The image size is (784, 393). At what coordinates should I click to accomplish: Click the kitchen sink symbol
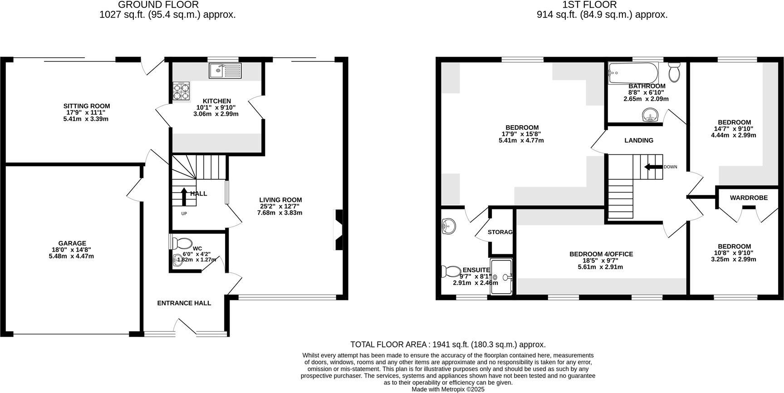225,70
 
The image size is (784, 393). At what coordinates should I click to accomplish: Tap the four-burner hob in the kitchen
181,92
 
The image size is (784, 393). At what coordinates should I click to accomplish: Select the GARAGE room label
72,243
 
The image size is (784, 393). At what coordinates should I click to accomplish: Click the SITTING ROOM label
86,106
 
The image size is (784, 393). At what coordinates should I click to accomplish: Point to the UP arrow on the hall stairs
184,196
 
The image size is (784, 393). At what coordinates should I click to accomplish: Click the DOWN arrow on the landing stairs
653,167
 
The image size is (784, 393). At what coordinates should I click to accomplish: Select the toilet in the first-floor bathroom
674,73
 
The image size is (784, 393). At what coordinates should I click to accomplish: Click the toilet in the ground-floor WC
182,242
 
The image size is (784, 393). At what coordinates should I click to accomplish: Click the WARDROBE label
749,197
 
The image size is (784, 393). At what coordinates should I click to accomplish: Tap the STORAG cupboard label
500,232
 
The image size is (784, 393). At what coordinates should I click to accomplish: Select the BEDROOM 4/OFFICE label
601,254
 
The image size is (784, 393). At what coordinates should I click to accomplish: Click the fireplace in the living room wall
339,229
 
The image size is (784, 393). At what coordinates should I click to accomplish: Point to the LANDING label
639,140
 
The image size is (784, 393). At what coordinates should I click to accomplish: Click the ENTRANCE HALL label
184,303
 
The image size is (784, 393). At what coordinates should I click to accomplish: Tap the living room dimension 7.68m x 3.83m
279,212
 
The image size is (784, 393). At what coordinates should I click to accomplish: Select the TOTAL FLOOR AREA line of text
448,344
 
